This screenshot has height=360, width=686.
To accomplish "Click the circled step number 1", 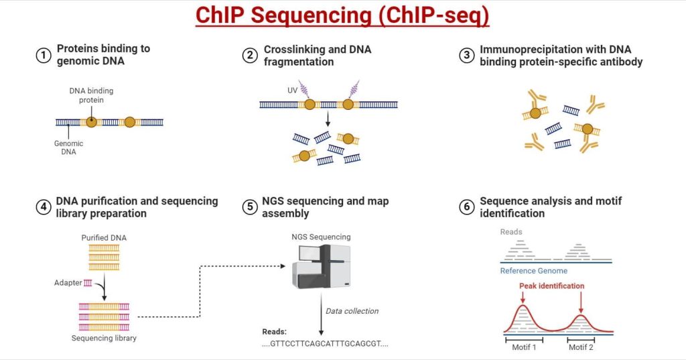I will (x=44, y=56).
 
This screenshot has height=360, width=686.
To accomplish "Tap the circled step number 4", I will (x=44, y=207).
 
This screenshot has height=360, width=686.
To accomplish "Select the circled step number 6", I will (x=466, y=207).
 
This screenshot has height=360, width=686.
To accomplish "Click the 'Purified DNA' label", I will (x=104, y=238).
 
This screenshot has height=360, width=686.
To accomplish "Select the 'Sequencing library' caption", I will (x=104, y=338).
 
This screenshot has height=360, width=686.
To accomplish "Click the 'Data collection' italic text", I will (x=352, y=311).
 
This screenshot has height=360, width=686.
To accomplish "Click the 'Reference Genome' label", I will (x=534, y=271).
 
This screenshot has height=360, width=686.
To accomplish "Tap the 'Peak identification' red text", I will (x=551, y=286).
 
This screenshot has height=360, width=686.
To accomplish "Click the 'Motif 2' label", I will (x=581, y=347).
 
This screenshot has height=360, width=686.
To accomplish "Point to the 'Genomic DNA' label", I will (x=69, y=147).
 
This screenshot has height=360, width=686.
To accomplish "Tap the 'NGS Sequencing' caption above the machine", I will (x=321, y=237).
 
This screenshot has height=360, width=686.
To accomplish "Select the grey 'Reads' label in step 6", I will (x=511, y=232).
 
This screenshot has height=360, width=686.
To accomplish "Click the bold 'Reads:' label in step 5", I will (x=275, y=332).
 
